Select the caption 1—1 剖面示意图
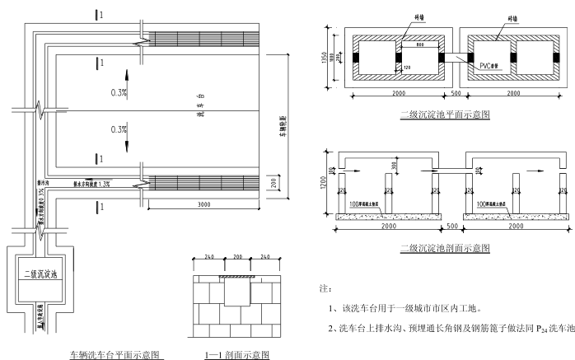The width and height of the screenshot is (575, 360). pyautogui.click(x=236, y=355)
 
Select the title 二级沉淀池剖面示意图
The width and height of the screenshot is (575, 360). pyautogui.click(x=444, y=247)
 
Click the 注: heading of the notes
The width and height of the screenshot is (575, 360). pyautogui.click(x=324, y=289)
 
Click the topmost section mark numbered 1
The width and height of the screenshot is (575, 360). pyautogui.click(x=100, y=14)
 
